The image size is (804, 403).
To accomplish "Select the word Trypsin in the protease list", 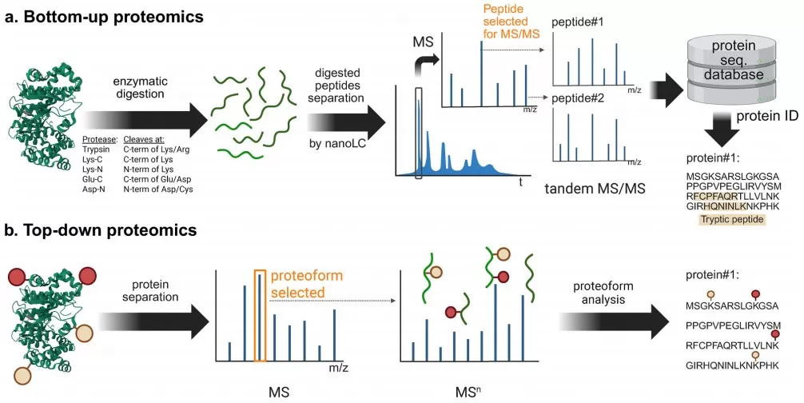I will (x=97, y=150).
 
